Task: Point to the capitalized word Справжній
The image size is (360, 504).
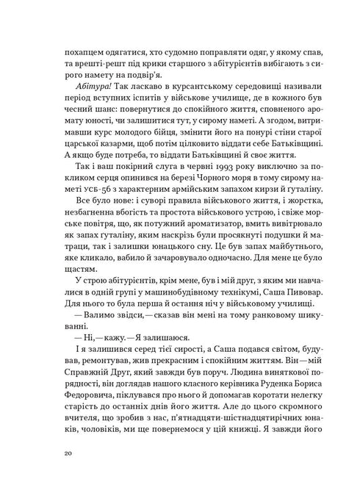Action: pos(90,384)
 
